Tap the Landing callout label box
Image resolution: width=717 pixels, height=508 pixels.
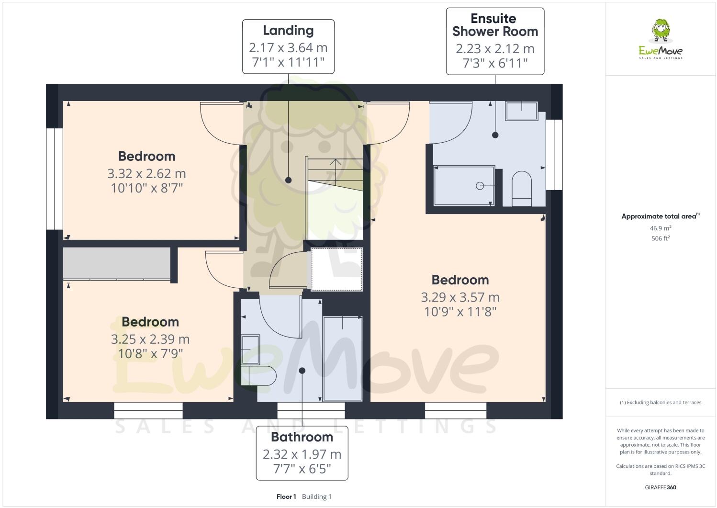(x=288, y=46)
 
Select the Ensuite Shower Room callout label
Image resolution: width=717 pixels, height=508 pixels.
(x=495, y=41)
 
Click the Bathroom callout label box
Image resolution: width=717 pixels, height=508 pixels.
(x=302, y=453)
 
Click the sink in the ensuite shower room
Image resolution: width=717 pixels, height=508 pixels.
(x=522, y=111)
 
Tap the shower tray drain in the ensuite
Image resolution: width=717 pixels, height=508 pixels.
(x=480, y=186)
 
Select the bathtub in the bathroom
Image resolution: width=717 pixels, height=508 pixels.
(x=342, y=358)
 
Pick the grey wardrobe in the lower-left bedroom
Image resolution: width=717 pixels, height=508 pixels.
(x=117, y=263)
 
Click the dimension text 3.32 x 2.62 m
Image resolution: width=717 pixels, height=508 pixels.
(x=146, y=173)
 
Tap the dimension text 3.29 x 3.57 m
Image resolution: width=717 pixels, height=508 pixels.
(x=460, y=297)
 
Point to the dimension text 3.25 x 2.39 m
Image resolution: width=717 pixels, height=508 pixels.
(x=150, y=339)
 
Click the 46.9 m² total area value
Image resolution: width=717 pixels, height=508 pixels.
(x=660, y=228)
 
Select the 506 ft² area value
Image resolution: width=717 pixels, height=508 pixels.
(x=660, y=238)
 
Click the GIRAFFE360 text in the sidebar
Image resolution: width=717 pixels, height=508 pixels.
(x=660, y=488)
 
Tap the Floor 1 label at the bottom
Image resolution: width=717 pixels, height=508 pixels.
(x=286, y=497)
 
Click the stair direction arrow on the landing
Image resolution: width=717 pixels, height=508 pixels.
(x=335, y=163)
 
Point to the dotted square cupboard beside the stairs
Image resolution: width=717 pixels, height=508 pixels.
(x=336, y=269)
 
